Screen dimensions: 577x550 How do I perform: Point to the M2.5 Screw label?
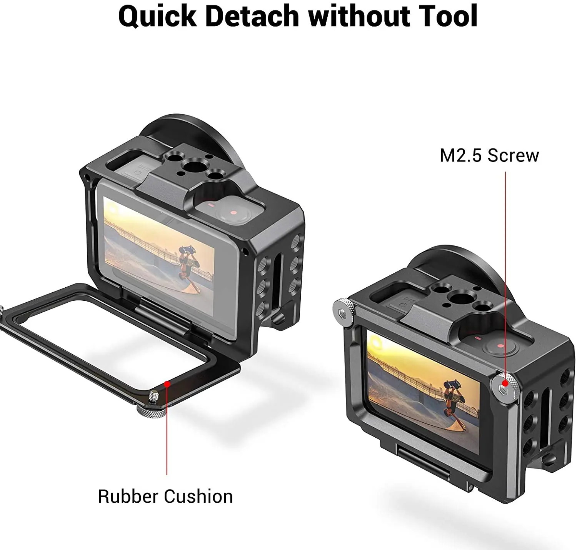pyautogui.click(x=489, y=156)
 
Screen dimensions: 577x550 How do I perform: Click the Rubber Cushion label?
pyautogui.click(x=165, y=497)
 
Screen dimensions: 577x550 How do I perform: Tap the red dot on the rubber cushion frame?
pyautogui.click(x=167, y=383)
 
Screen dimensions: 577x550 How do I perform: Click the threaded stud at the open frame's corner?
pyautogui.click(x=154, y=395)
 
